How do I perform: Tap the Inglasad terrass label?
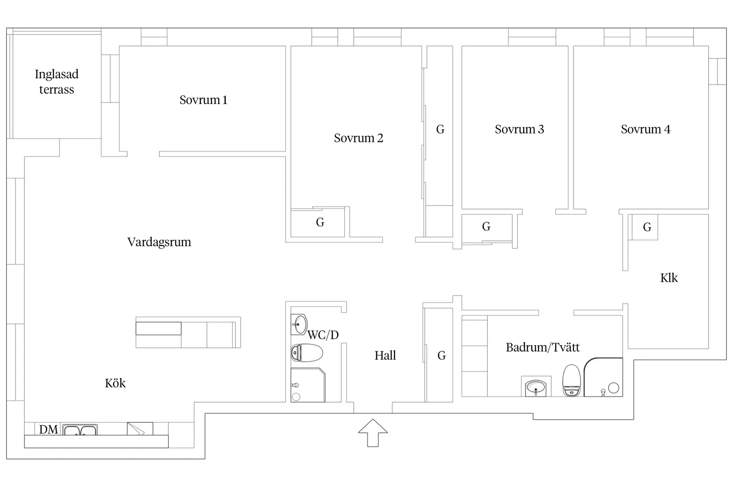tap(57, 82)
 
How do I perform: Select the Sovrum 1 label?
tap(203, 100)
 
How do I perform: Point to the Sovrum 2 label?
tap(359, 138)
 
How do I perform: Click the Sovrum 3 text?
tap(519, 129)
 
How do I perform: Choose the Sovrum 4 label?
tap(645, 129)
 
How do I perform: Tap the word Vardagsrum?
tap(159, 242)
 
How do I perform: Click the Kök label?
tap(115, 383)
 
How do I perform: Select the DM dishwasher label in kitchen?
tap(48, 429)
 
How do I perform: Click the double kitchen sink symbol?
tap(80, 430)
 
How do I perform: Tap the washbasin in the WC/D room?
tap(299, 324)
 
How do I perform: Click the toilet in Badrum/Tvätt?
tap(571, 381)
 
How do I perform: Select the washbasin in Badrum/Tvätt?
tap(536, 387)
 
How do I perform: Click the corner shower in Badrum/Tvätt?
tap(603, 378)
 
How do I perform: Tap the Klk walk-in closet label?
tap(669, 278)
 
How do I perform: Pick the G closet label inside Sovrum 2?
tap(320, 222)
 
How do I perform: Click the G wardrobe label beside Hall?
tap(442, 356)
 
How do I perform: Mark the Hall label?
tap(385, 356)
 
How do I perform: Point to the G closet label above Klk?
tap(647, 227)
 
